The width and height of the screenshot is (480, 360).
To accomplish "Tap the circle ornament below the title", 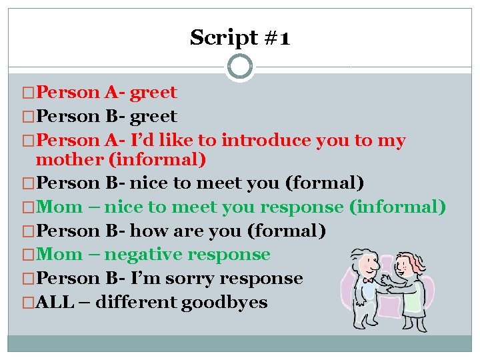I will click(240, 67).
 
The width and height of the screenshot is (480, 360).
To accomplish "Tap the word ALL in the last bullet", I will click(54, 303).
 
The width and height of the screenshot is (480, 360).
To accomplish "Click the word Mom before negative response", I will click(60, 255).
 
